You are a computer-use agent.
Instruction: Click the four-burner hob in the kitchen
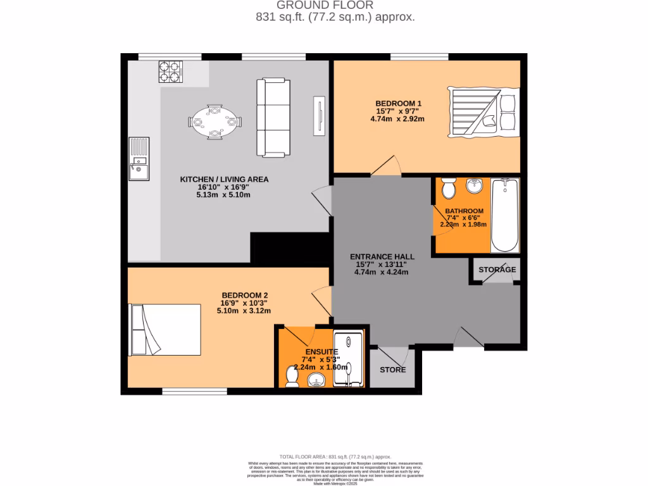[x=169, y=72]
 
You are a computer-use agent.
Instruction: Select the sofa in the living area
[x=272, y=118]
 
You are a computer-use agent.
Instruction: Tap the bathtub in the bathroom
[x=504, y=215]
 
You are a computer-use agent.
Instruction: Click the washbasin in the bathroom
[x=474, y=186]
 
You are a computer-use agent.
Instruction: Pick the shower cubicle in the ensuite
[x=349, y=358]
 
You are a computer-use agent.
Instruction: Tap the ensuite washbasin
[x=316, y=380]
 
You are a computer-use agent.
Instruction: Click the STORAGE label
[x=497, y=270]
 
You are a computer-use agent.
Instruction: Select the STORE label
[x=392, y=370]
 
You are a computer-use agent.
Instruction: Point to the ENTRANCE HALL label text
[x=382, y=256]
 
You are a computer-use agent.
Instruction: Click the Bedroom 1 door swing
[x=385, y=165]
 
